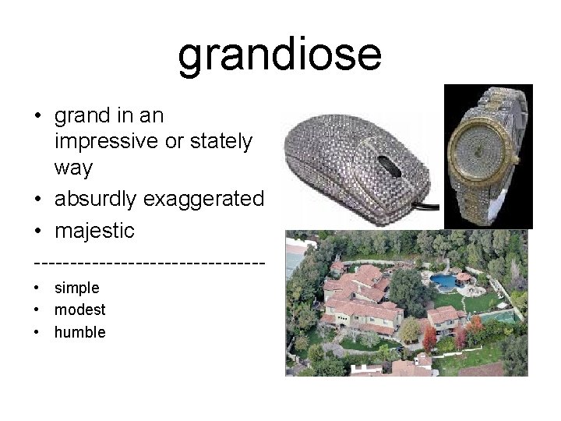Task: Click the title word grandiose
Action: (280, 55)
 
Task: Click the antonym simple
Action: (76, 288)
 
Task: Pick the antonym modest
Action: (79, 310)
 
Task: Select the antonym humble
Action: (79, 332)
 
